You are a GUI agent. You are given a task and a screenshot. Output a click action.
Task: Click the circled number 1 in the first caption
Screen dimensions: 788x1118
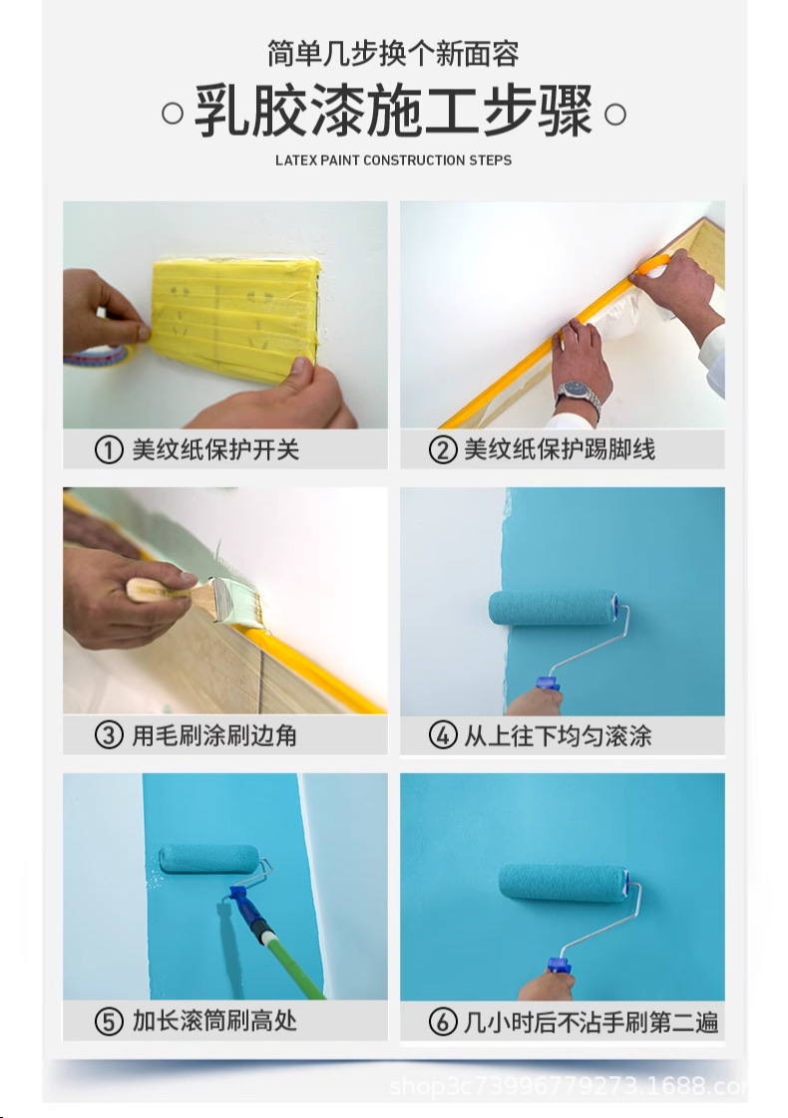pyautogui.click(x=109, y=450)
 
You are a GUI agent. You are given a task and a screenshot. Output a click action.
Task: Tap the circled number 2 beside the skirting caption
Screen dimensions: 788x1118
pyautogui.click(x=443, y=450)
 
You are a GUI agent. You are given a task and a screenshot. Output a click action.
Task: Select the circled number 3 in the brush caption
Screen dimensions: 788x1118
pyautogui.click(x=109, y=735)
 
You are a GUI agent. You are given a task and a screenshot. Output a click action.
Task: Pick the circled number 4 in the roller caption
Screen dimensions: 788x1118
pyautogui.click(x=443, y=735)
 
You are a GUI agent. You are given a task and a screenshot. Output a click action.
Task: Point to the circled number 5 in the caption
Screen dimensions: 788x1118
pyautogui.click(x=109, y=1021)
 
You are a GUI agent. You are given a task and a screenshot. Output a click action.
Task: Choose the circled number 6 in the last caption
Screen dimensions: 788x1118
pyautogui.click(x=443, y=1021)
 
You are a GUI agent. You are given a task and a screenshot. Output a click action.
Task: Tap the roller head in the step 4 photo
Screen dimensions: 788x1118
pyautogui.click(x=554, y=607)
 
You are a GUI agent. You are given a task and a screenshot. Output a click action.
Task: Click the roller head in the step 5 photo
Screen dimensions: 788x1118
pyautogui.click(x=209, y=859)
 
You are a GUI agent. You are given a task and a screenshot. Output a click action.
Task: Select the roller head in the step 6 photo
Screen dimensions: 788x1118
pyautogui.click(x=564, y=883)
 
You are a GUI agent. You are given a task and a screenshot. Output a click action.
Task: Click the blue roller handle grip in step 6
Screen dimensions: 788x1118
pyautogui.click(x=560, y=967)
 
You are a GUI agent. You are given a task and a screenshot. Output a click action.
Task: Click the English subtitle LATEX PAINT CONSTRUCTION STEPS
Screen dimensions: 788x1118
pyautogui.click(x=393, y=160)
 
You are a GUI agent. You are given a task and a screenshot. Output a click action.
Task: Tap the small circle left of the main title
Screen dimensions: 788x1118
pyautogui.click(x=172, y=114)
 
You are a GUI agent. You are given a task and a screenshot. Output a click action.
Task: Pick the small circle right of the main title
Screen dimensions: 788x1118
pyautogui.click(x=615, y=114)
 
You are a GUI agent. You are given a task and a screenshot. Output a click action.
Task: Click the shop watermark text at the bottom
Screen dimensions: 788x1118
pyautogui.click(x=568, y=1086)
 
